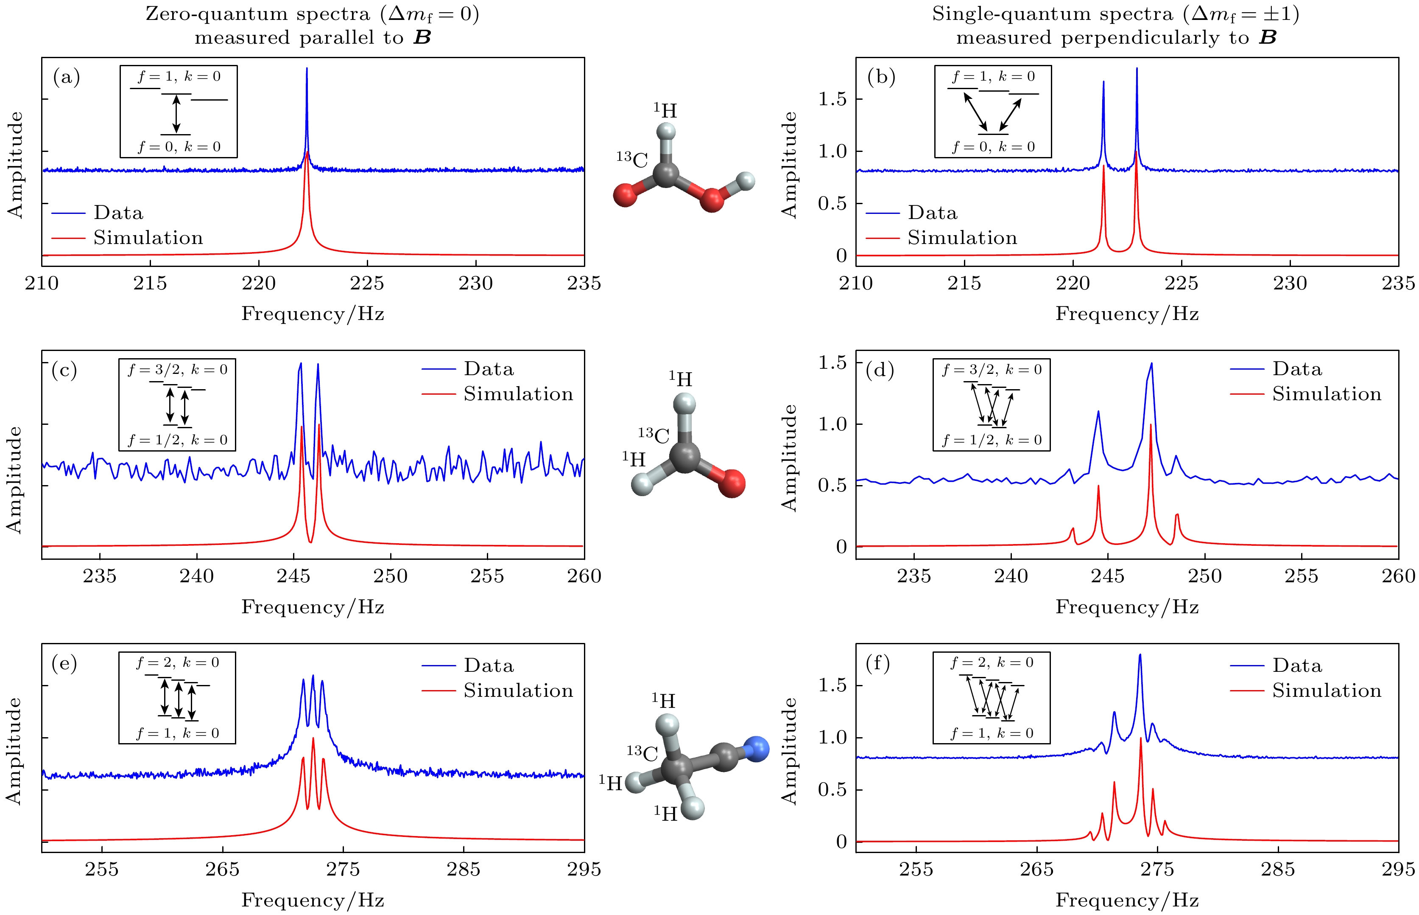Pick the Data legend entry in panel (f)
click(1297, 665)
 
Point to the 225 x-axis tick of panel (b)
click(1182, 261)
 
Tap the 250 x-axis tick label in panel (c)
click(390, 576)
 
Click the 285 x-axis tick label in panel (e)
click(463, 869)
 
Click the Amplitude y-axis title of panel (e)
click(14, 751)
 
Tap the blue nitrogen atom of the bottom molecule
click(755, 749)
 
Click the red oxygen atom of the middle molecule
click(732, 483)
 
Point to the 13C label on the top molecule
click(632, 159)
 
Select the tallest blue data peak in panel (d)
click(1151, 364)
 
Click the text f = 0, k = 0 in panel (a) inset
click(179, 147)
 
